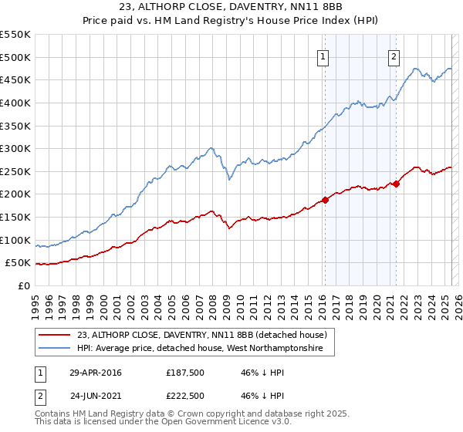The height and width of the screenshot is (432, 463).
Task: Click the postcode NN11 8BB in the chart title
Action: tap(325, 8)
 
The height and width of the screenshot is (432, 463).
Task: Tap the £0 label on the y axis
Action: tap(24, 285)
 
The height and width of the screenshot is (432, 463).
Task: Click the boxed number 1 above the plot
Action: tap(322, 56)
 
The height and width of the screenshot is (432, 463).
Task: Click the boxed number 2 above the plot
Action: tap(394, 56)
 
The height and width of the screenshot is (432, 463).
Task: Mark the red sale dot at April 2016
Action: tap(325, 200)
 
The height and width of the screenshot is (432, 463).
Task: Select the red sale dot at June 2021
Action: tap(396, 184)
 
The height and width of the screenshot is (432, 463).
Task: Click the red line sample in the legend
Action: tap(54, 335)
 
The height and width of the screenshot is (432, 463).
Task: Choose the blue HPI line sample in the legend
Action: tap(54, 349)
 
